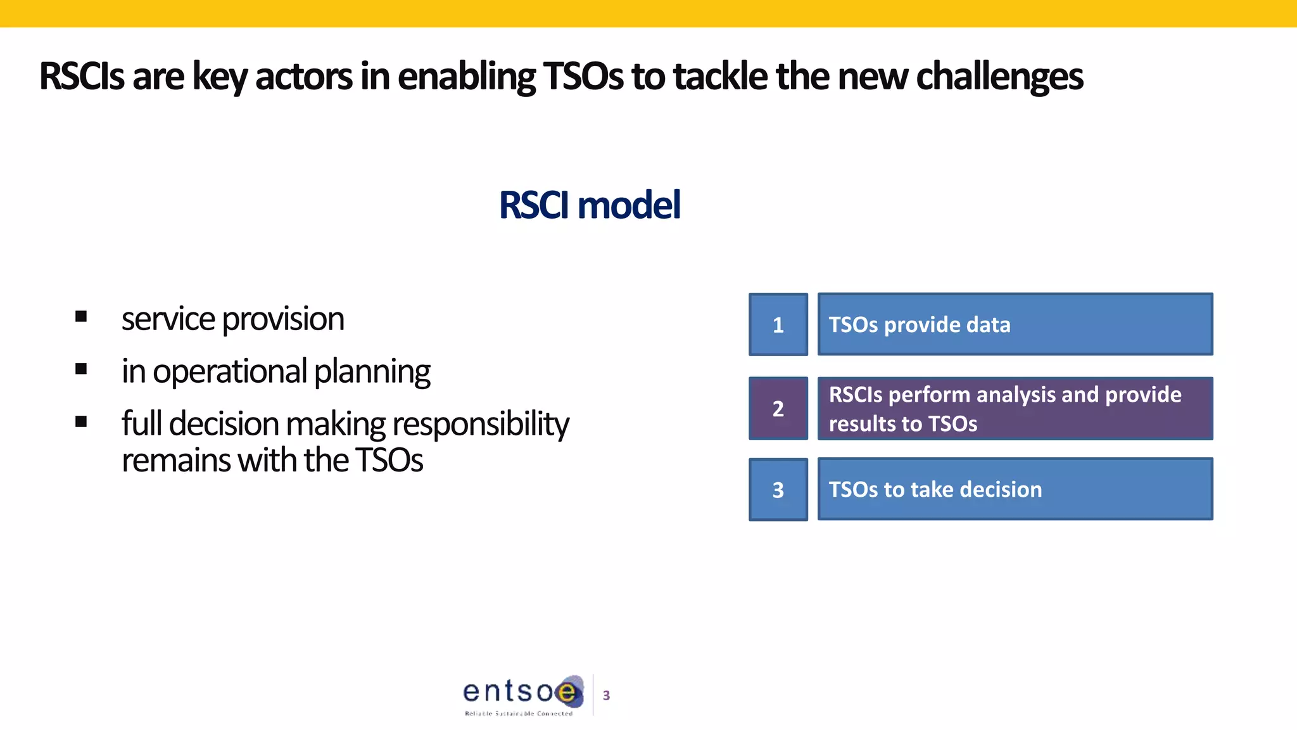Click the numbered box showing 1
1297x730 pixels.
tap(778, 324)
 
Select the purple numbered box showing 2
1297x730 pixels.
tap(778, 408)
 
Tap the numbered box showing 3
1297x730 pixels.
tap(778, 489)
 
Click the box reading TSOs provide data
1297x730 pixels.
tap(1015, 324)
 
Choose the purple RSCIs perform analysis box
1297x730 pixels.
tap(1015, 408)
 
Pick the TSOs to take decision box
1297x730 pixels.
tap(1015, 489)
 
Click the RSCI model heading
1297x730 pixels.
tap(589, 205)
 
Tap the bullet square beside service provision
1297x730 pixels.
tap(81, 316)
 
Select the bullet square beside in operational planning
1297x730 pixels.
tap(81, 369)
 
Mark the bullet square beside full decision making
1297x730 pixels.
tap(81, 421)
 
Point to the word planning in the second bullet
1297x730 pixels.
tap(372, 373)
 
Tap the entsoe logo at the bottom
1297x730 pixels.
tap(523, 695)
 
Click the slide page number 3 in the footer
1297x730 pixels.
tap(606, 696)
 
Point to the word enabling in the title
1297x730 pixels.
tap(466, 77)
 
